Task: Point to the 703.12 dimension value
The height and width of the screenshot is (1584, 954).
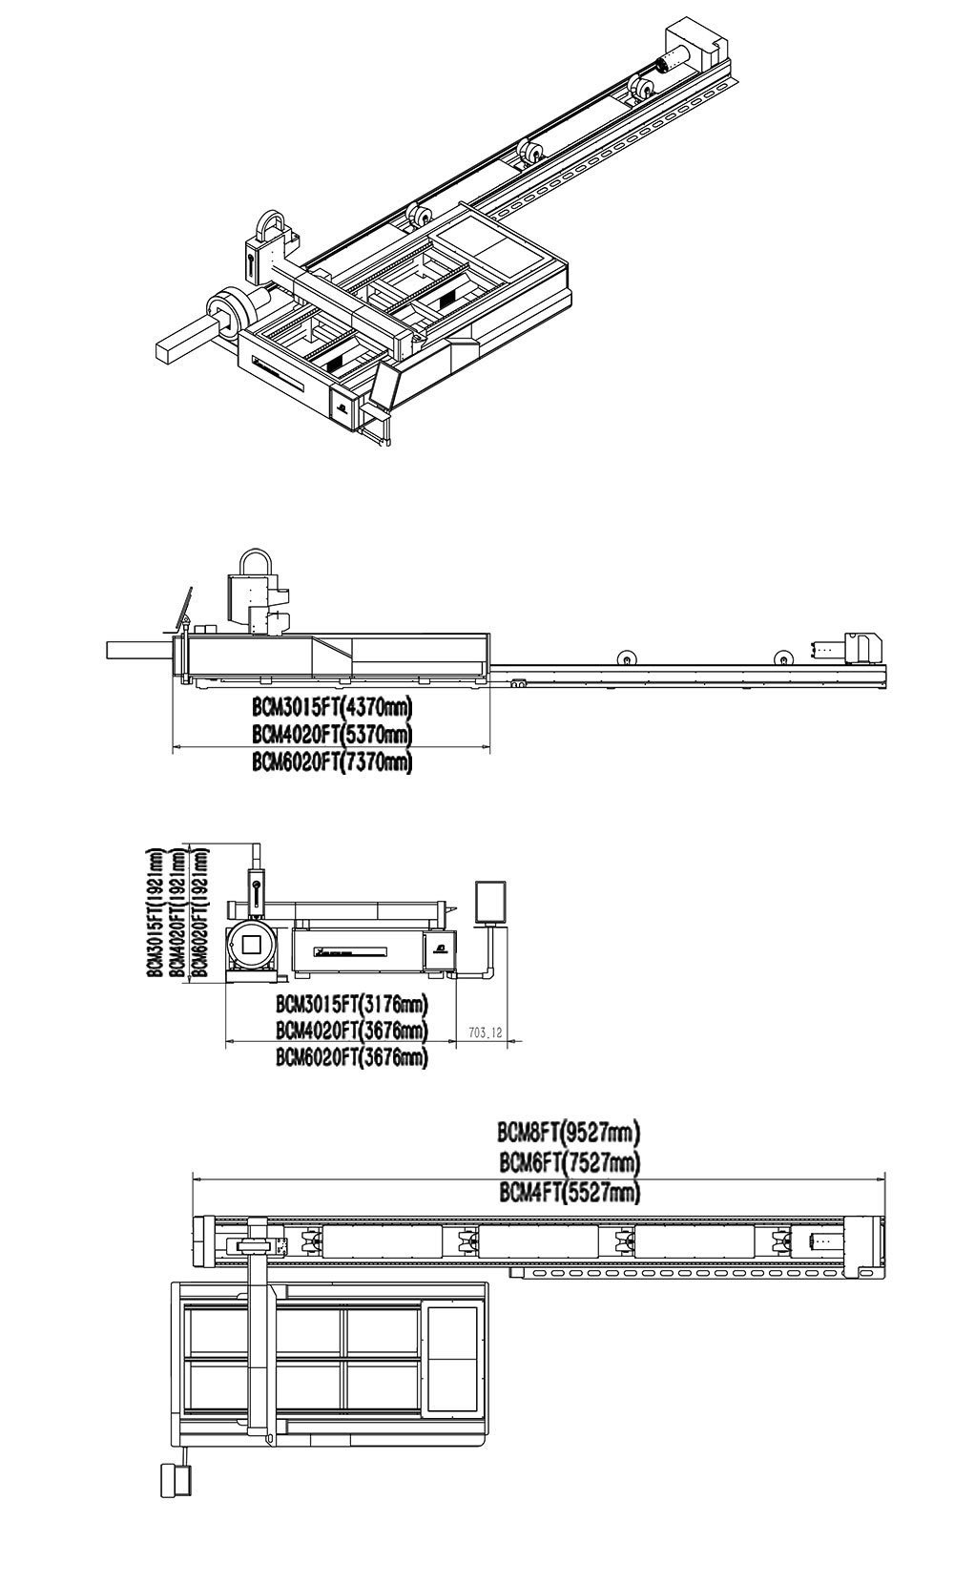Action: tap(486, 1032)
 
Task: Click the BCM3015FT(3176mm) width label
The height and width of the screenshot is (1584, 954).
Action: tap(351, 1004)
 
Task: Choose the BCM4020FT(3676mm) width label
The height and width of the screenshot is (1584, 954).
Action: tap(351, 1031)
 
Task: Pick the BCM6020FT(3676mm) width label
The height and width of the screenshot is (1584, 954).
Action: tap(351, 1057)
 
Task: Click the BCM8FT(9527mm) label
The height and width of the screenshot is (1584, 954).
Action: tap(568, 1133)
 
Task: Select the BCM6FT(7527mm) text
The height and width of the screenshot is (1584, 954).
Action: tap(568, 1162)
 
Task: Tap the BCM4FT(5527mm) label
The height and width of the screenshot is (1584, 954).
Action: tap(568, 1192)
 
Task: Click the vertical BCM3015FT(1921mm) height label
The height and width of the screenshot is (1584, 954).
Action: tap(154, 912)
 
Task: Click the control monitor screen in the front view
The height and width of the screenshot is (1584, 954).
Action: tap(491, 902)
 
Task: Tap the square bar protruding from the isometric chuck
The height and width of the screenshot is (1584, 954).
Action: tap(181, 343)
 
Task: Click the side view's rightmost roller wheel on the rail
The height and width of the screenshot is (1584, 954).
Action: tap(783, 657)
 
